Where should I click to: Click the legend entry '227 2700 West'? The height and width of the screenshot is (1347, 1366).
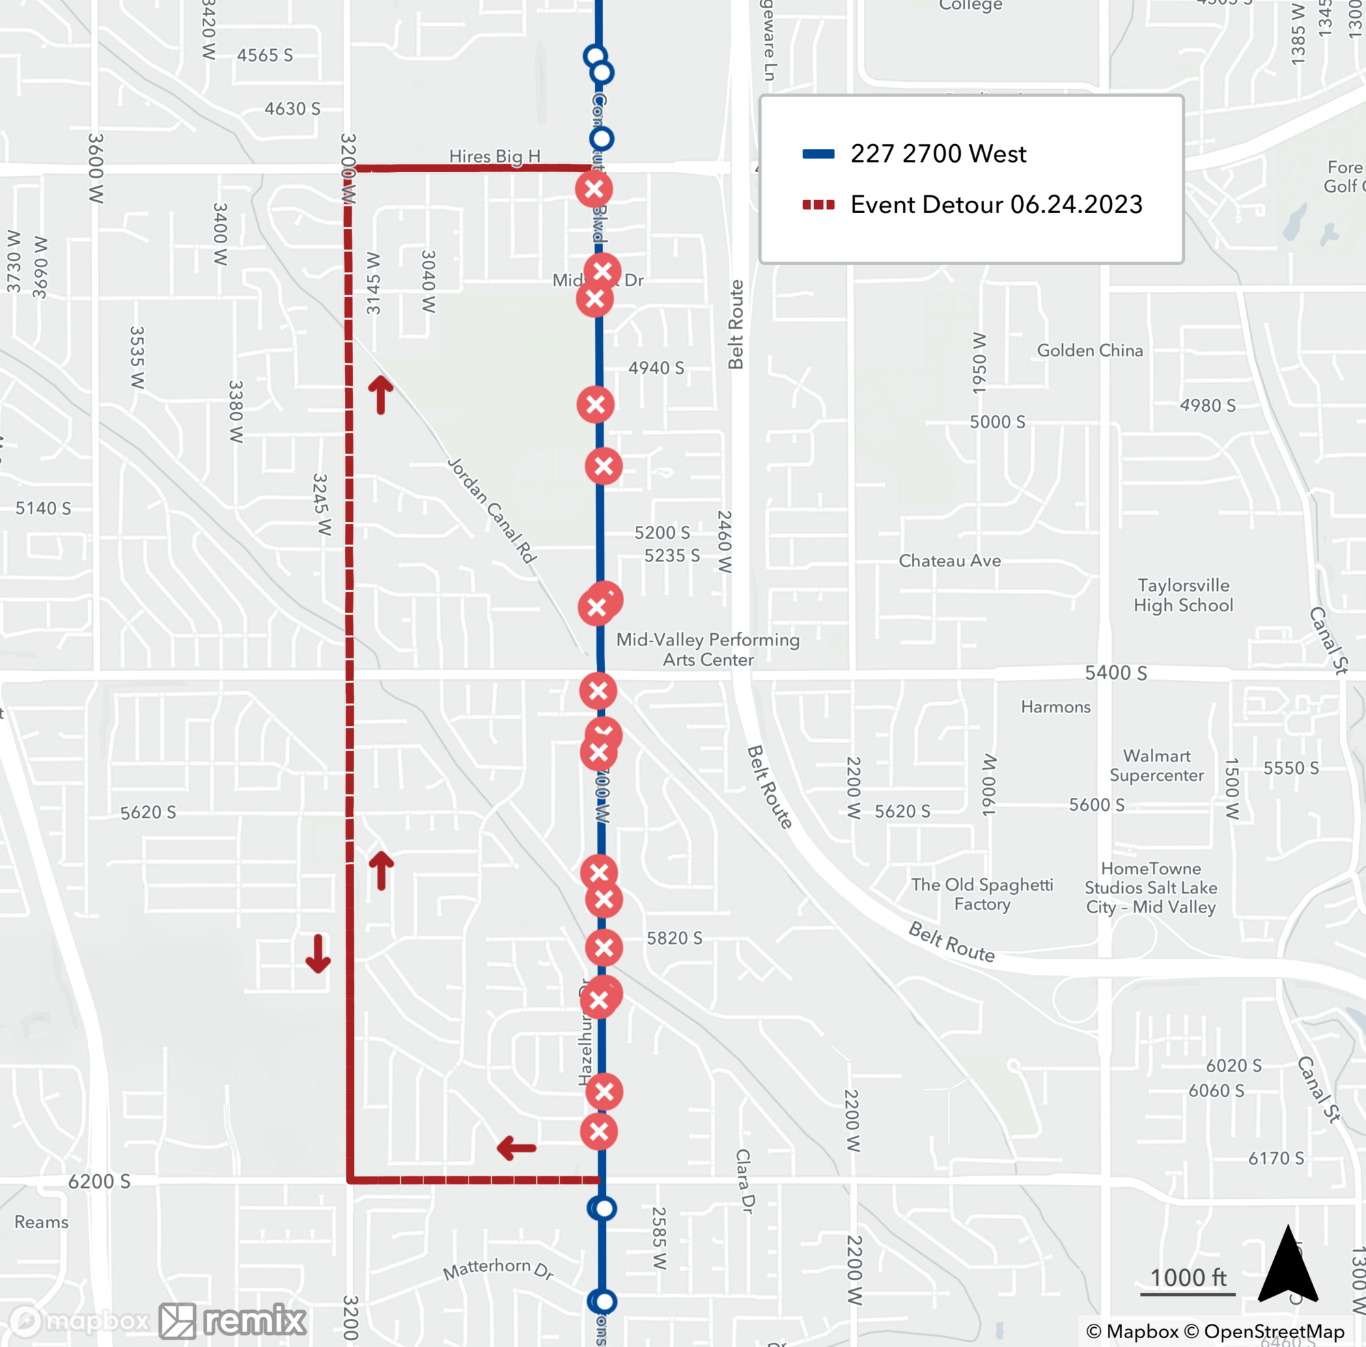coord(938,154)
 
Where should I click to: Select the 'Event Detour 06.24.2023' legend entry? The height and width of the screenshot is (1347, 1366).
coord(996,204)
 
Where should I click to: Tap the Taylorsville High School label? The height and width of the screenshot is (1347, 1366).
coord(1183,595)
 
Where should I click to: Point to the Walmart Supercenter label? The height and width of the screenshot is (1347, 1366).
coord(1156,765)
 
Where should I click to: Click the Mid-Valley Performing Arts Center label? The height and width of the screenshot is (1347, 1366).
coord(707,649)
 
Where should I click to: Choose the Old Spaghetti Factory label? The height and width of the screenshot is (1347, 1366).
coord(981,893)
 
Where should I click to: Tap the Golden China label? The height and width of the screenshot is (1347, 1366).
coord(1089,350)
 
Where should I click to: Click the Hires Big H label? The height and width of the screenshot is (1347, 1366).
coord(494,156)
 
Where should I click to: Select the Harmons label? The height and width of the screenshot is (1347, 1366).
coord(1055,706)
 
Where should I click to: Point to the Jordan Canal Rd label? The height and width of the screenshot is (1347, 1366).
coord(492,510)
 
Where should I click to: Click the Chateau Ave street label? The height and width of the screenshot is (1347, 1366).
coord(949,561)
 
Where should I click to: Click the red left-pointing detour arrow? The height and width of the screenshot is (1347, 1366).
coord(516,1148)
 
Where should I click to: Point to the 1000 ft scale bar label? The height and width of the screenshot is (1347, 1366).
coord(1188,1278)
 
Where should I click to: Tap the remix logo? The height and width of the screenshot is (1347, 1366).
coord(234,1320)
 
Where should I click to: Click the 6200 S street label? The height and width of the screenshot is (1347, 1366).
coord(99,1181)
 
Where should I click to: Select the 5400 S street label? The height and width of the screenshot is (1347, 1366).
coord(1116,672)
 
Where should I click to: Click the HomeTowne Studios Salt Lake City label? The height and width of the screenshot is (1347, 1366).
coord(1150,887)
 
